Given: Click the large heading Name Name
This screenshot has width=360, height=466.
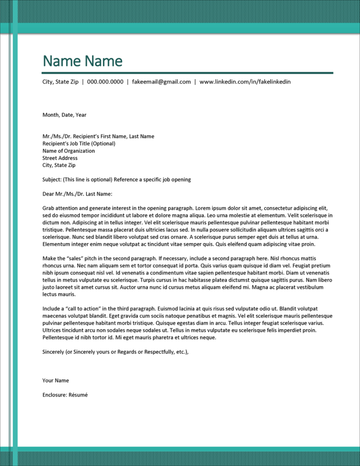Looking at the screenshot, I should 82,61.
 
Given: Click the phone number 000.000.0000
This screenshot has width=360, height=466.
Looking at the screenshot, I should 105,82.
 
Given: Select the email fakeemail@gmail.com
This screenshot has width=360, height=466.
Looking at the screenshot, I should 161,82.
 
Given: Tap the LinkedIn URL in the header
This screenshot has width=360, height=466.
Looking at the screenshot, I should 245,82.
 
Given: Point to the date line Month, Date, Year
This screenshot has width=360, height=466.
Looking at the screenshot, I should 64,115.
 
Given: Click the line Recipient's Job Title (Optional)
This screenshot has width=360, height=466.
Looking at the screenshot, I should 79,144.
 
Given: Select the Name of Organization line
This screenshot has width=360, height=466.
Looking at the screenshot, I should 68,151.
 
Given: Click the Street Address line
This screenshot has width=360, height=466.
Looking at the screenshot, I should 60,158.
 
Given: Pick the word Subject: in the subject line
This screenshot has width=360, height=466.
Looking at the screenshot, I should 52,179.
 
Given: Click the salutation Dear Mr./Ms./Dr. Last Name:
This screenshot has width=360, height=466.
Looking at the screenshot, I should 77,194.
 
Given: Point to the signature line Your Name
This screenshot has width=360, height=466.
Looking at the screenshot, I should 56,380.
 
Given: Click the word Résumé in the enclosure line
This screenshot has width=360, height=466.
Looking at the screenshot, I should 78,395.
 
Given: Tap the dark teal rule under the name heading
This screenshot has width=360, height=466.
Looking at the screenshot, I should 187,72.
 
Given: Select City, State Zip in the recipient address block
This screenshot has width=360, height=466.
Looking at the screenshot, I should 59,165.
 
